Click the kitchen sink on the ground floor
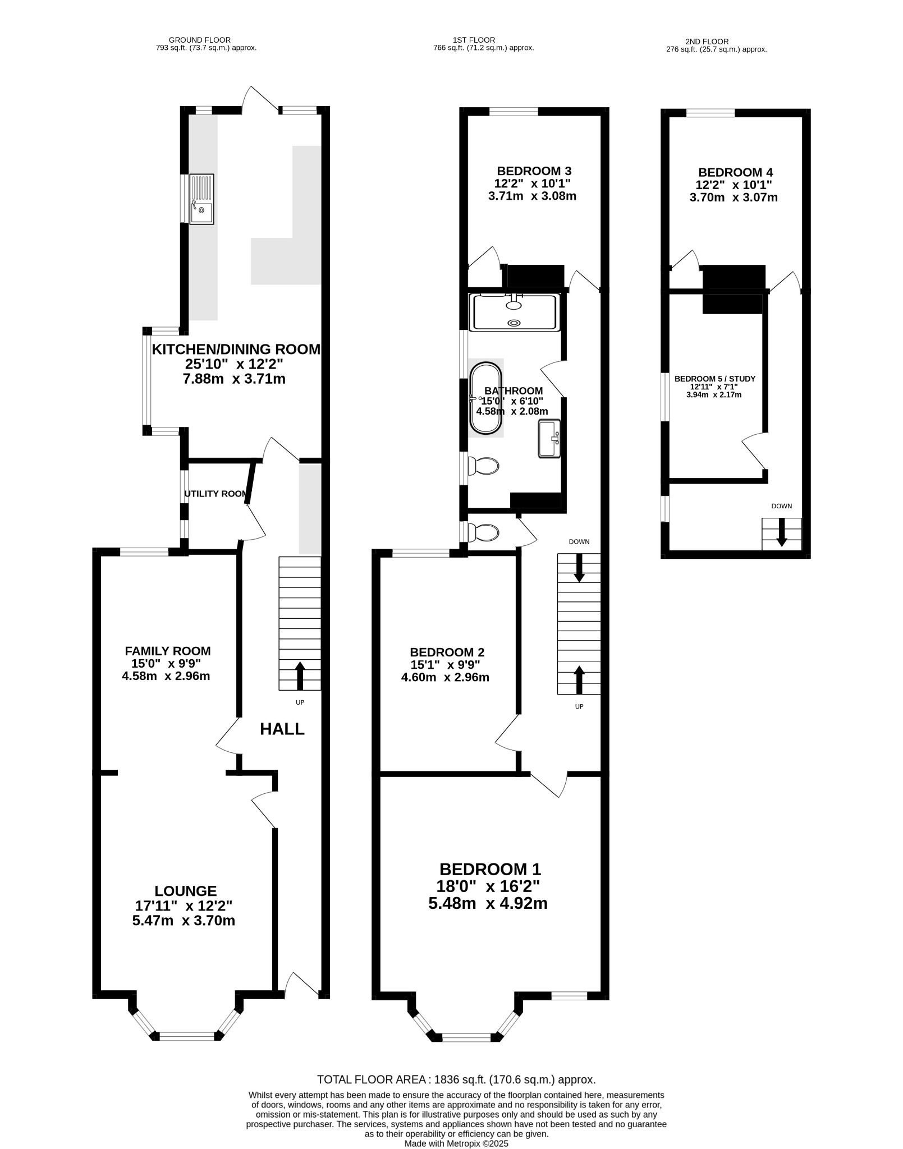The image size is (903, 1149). click(x=201, y=199)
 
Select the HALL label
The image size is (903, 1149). click(x=282, y=729)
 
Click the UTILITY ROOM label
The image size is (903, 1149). click(x=216, y=494)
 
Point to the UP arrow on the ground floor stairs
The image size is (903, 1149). click(x=299, y=675)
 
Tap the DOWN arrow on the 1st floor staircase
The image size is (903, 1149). click(x=579, y=568)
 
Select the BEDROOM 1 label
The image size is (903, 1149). click(x=490, y=869)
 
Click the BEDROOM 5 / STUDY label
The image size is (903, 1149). click(x=714, y=379)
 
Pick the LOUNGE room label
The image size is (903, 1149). click(x=186, y=890)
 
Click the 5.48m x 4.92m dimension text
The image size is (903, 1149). click(x=488, y=903)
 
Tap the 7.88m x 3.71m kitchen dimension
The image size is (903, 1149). click(x=234, y=379)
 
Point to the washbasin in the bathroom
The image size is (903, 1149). click(x=549, y=438)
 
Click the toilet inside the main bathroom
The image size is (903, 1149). click(x=483, y=466)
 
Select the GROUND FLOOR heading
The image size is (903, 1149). click(x=199, y=40)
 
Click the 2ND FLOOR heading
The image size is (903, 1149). click(x=707, y=42)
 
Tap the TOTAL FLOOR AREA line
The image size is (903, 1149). click(x=456, y=1079)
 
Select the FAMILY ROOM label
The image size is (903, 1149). click(x=168, y=651)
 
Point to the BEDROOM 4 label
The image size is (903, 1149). click(x=735, y=172)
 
